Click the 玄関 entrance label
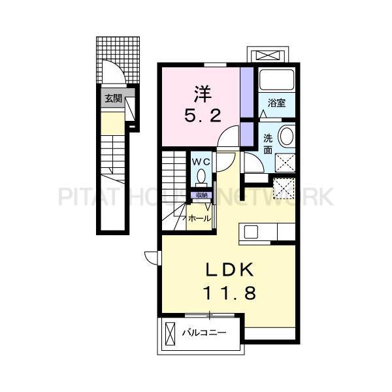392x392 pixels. point(112,99)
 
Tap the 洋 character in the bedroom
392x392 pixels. point(201,92)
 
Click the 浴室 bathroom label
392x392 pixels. point(276,103)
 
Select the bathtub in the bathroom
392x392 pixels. point(276,80)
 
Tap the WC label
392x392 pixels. point(201,161)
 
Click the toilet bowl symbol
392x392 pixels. point(201,176)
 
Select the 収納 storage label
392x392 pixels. point(199,195)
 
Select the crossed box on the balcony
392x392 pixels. point(171,333)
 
